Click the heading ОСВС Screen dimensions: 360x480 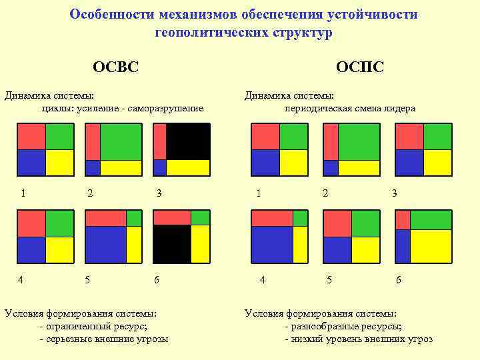tap(115, 67)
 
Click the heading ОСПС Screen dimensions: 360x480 tap(359, 67)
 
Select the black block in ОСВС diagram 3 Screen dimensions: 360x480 tap(188, 141)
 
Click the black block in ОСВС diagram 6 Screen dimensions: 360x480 tap(172, 243)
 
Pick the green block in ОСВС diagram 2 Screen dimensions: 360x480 tap(121, 141)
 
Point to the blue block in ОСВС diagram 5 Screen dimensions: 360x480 tap(105, 244)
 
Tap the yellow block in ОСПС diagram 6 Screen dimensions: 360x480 tap(431, 245)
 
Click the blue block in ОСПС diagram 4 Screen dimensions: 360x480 tap(271, 244)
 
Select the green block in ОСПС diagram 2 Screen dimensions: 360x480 tap(359, 141)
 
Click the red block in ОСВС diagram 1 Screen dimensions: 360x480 tap(31, 137)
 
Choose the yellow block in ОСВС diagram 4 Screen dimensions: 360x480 tap(59, 249)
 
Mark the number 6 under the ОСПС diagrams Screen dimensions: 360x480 tap(399, 280)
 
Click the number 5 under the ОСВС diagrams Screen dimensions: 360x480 tap(87, 280)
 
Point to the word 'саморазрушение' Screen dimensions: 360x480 tap(170, 109)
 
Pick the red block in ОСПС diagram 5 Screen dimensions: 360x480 tap(337, 223)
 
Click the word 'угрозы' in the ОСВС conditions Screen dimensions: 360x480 tap(152, 339)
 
